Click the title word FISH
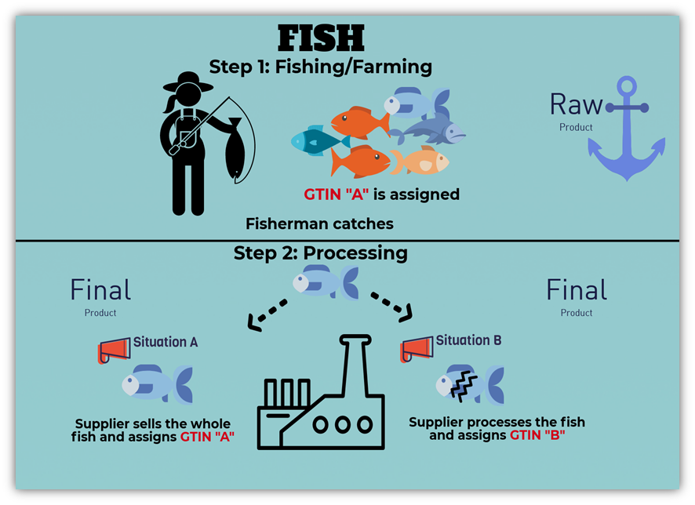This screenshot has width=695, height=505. click(x=321, y=37)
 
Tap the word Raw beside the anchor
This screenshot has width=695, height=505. click(x=576, y=104)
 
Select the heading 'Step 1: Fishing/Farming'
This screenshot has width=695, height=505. click(x=320, y=67)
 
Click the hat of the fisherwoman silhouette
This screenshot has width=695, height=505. click(x=188, y=81)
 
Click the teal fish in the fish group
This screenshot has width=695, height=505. click(x=317, y=140)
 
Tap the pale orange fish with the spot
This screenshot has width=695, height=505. click(x=420, y=161)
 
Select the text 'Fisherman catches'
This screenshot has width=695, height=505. click(x=319, y=224)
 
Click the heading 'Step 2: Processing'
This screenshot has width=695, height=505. click(x=320, y=253)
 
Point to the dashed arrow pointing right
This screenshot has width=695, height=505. click(x=390, y=307)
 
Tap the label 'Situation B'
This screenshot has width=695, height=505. click(x=468, y=340)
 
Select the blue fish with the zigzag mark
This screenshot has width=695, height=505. click(x=469, y=384)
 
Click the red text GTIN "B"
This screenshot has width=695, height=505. click(x=537, y=434)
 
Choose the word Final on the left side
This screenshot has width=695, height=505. click(x=100, y=291)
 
